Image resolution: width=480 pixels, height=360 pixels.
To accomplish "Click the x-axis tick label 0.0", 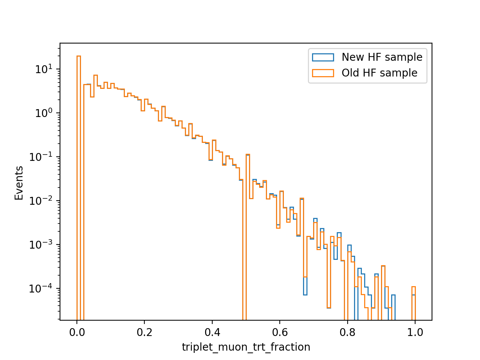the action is pos(77,333).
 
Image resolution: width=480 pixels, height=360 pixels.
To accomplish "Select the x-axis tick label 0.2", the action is pos(144,333).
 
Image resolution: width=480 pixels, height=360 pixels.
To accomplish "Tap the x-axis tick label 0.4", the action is pos(212,333).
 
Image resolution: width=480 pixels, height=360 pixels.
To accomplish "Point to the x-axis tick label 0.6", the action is pos(280,333).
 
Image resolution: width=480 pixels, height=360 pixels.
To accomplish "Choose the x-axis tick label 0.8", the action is pos(347,333).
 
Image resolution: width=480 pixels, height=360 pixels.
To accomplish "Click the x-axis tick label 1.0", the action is pos(415,333).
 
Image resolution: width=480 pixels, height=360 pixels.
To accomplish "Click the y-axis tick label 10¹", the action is pos(44,69).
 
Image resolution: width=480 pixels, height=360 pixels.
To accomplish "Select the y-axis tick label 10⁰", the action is pos(44,113).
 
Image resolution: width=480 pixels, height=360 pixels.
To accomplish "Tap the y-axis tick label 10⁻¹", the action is pos(41,157).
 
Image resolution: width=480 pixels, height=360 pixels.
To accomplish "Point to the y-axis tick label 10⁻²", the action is pos(41,201).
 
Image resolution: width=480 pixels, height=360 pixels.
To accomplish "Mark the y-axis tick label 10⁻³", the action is pos(41,244).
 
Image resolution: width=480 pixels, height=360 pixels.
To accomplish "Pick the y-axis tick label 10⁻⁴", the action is pos(41,288).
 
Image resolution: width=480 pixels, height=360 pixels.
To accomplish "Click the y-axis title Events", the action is pos(19,183).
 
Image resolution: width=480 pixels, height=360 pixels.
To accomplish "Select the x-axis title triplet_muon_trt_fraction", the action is pos(246,347).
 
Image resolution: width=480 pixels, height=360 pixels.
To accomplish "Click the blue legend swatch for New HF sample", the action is pos(323,57).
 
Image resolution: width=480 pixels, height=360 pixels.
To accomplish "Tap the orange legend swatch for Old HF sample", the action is pos(323,73).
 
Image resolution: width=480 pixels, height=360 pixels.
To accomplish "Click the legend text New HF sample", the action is pos(382,57).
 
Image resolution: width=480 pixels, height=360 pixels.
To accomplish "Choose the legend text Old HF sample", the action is pos(379,73).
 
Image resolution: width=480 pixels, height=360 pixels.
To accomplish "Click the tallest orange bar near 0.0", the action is pos(79,188).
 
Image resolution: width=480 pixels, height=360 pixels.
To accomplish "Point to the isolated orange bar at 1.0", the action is pos(413,303).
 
